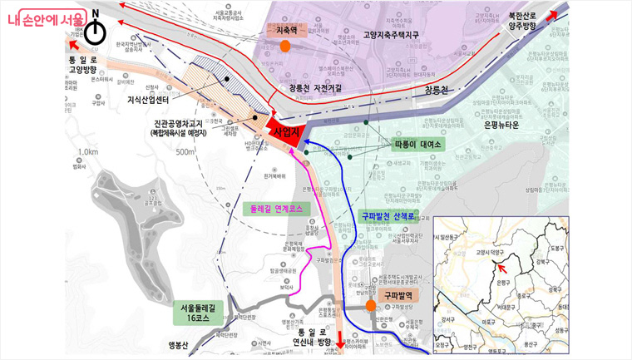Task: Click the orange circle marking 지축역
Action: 285,46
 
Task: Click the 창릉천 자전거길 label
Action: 318,88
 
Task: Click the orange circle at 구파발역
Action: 372,305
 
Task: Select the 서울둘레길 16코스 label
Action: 202,312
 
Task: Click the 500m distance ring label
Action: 185,151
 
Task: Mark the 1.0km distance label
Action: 86,152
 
